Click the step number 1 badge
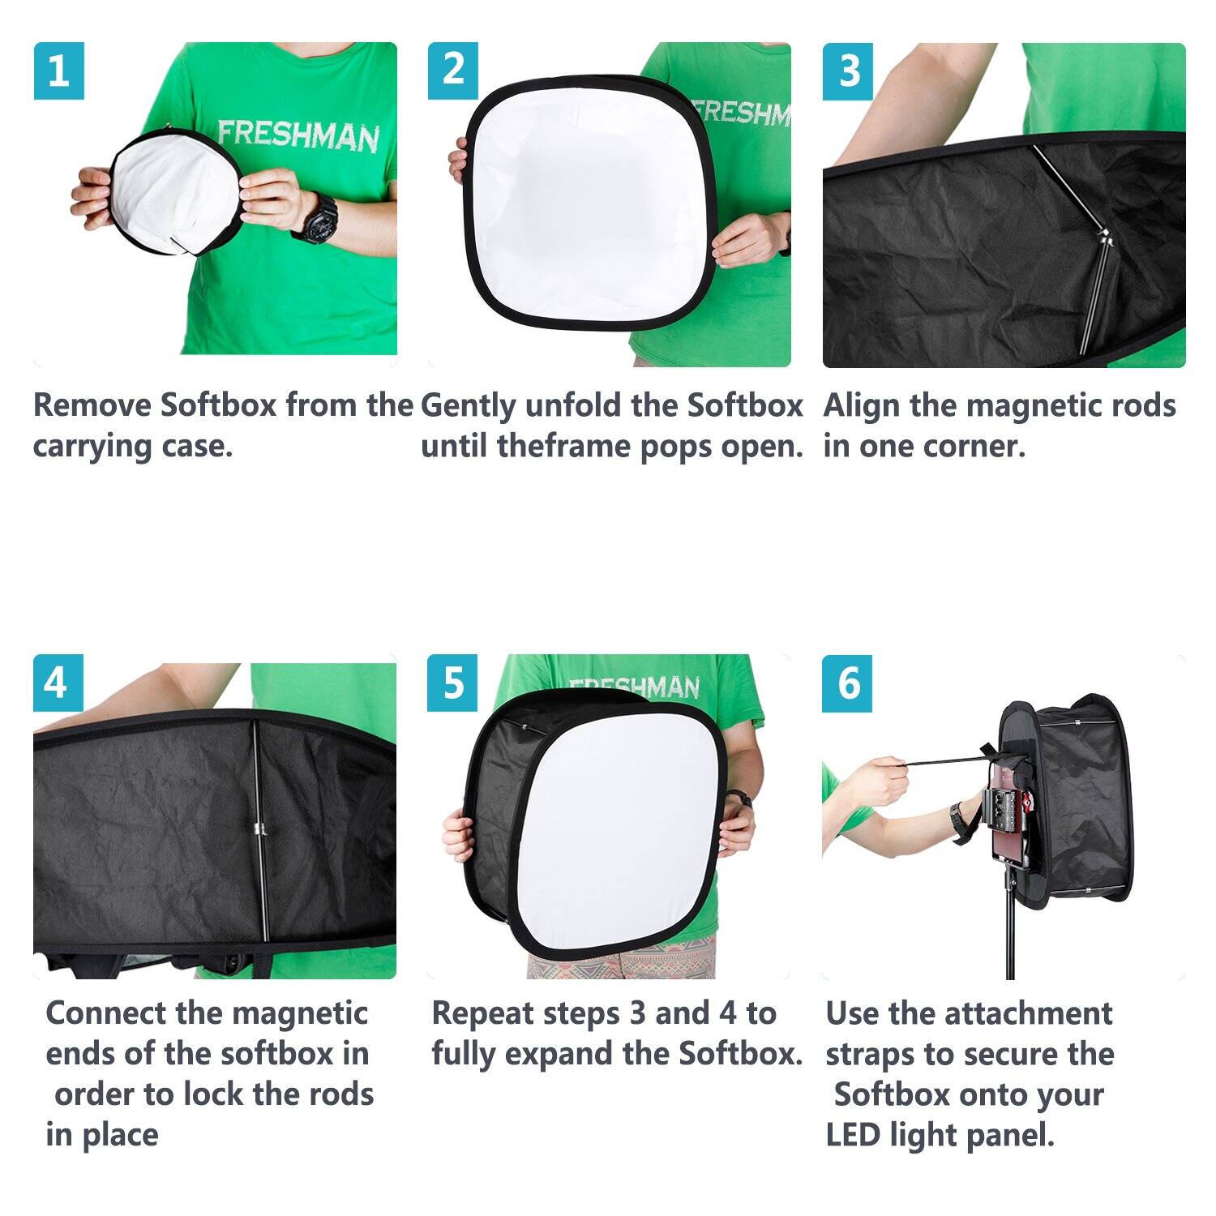(58, 71)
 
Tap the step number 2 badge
(453, 71)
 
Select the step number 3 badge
(848, 71)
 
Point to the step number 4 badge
(56, 683)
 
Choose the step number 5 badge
(453, 683)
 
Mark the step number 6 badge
(848, 683)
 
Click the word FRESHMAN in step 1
(298, 135)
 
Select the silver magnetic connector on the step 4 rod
(259, 829)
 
